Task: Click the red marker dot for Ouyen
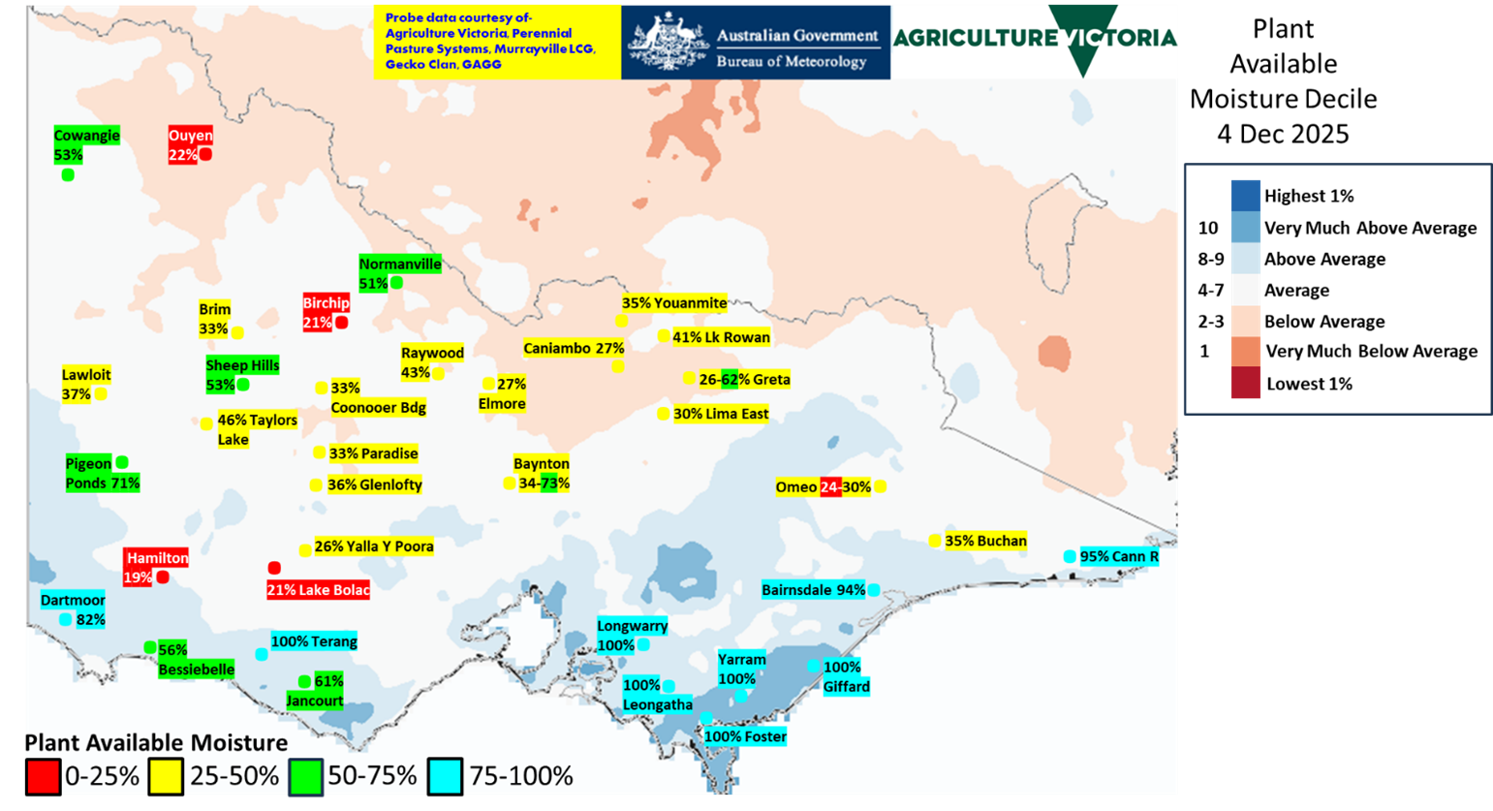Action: pos(205,154)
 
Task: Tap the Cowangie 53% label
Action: pos(86,145)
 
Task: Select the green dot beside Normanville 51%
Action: pos(396,282)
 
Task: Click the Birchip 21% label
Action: pos(326,313)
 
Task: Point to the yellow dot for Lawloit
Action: pos(101,393)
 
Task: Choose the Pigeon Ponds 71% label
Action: pos(102,474)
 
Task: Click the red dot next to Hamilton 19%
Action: pos(163,577)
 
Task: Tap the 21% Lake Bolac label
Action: pos(318,589)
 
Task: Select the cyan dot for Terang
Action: pos(262,654)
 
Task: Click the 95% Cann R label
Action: pos(1119,556)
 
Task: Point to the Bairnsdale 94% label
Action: pos(813,590)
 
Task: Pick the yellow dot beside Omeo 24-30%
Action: pos(880,486)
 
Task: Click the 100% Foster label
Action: pos(745,736)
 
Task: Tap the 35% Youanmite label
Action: pos(674,303)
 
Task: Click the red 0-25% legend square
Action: pos(43,776)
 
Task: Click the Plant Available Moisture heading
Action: pos(156,742)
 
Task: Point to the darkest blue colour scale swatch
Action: pos(1245,195)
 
